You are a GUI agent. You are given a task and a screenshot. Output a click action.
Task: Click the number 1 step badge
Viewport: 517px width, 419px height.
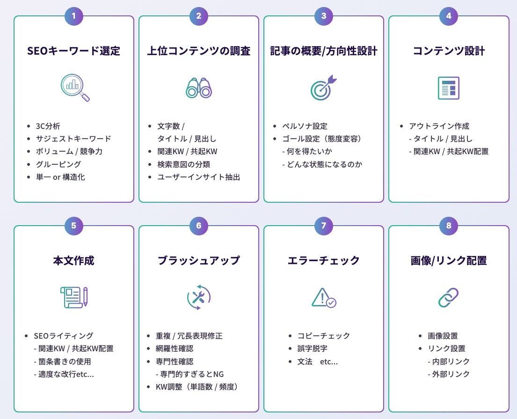(x=74, y=16)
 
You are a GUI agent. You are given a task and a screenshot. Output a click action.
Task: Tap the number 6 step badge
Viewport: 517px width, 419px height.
(x=199, y=226)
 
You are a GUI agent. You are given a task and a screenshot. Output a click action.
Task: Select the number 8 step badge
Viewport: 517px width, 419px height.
(x=449, y=226)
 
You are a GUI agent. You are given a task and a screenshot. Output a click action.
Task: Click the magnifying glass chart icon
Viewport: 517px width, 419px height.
(x=74, y=87)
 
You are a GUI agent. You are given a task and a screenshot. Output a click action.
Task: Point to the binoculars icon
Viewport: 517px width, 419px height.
(x=199, y=87)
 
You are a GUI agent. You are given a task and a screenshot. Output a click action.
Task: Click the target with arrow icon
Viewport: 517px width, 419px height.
(x=323, y=87)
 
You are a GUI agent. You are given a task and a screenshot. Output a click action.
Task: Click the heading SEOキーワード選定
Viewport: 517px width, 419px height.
(x=74, y=51)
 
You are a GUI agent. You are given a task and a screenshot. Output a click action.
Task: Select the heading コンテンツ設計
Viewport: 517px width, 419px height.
(x=448, y=51)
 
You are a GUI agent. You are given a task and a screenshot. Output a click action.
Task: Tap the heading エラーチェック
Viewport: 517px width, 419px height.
(x=323, y=261)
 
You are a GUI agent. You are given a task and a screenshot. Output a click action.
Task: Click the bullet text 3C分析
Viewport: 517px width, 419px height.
(x=48, y=126)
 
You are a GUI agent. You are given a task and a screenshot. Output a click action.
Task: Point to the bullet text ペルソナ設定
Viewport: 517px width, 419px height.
(x=305, y=126)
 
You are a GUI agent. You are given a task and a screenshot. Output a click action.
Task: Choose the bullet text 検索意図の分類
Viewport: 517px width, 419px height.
(x=183, y=164)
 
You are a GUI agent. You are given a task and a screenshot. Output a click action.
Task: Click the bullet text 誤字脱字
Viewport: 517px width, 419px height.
(x=311, y=348)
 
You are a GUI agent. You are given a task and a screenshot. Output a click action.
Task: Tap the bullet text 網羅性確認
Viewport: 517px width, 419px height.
(x=175, y=348)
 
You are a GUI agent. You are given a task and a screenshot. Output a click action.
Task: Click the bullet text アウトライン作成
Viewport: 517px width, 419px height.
(x=439, y=126)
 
